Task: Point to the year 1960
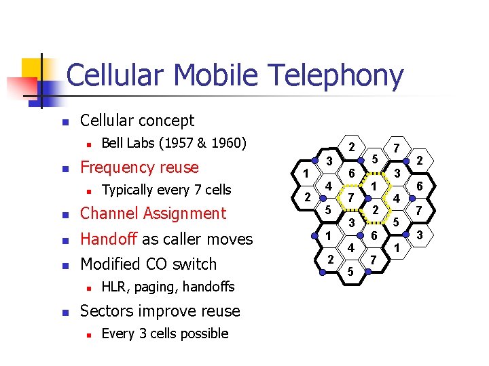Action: tap(229, 143)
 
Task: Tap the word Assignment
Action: tap(185, 213)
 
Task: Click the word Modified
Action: tap(112, 264)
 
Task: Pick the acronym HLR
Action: tap(114, 287)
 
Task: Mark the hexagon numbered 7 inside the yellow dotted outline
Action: tap(350, 197)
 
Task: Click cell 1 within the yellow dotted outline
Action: tap(374, 185)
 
